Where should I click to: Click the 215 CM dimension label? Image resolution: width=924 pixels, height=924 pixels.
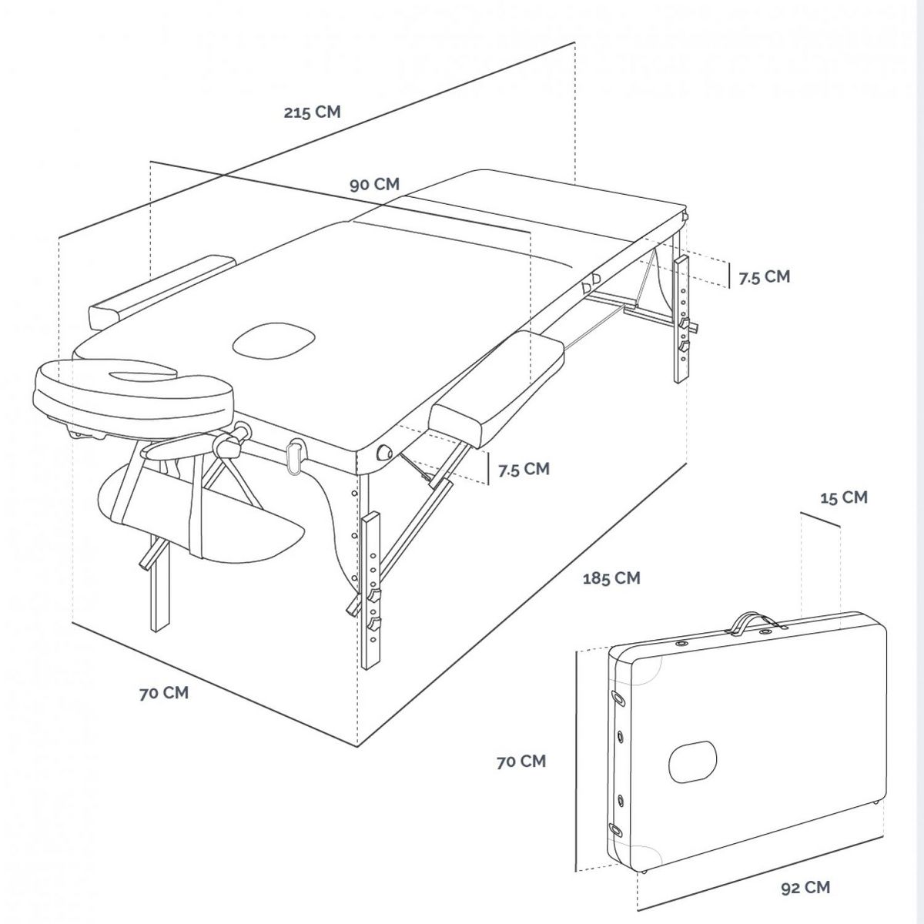(312, 112)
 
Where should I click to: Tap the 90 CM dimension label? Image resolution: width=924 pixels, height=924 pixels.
(374, 185)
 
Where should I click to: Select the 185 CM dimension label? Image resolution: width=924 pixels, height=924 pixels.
(612, 577)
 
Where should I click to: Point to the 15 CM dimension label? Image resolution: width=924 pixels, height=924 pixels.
(843, 497)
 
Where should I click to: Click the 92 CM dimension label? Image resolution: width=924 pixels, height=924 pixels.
(805, 888)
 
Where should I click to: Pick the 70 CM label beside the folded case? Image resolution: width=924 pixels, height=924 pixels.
(521, 762)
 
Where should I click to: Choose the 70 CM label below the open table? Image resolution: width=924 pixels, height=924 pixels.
(163, 693)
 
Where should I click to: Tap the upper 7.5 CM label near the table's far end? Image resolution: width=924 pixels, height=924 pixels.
(764, 277)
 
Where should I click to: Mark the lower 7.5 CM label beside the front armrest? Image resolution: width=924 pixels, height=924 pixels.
(524, 469)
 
